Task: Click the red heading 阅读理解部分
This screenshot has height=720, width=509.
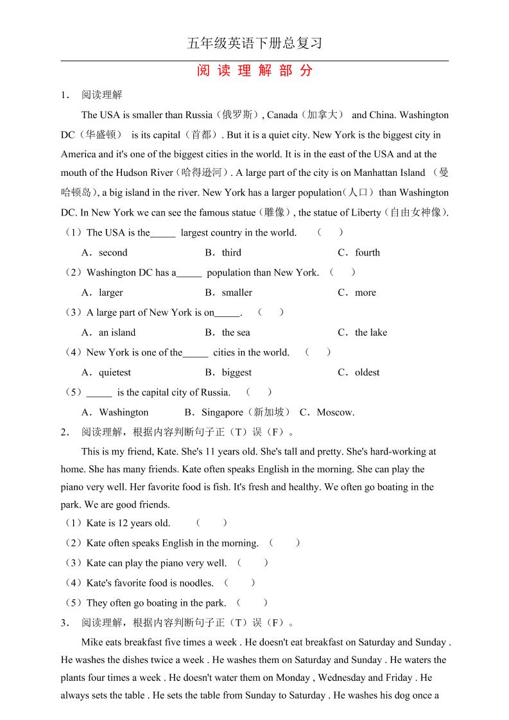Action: [255, 71]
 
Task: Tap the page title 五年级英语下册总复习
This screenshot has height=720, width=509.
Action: [254, 44]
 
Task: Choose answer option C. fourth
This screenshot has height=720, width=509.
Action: [359, 253]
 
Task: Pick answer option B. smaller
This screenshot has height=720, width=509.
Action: [229, 293]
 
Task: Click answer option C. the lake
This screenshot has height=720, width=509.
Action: [363, 332]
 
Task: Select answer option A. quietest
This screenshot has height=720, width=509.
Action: [107, 372]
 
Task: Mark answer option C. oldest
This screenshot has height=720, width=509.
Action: [359, 372]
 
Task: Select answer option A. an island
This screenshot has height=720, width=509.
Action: [108, 332]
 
